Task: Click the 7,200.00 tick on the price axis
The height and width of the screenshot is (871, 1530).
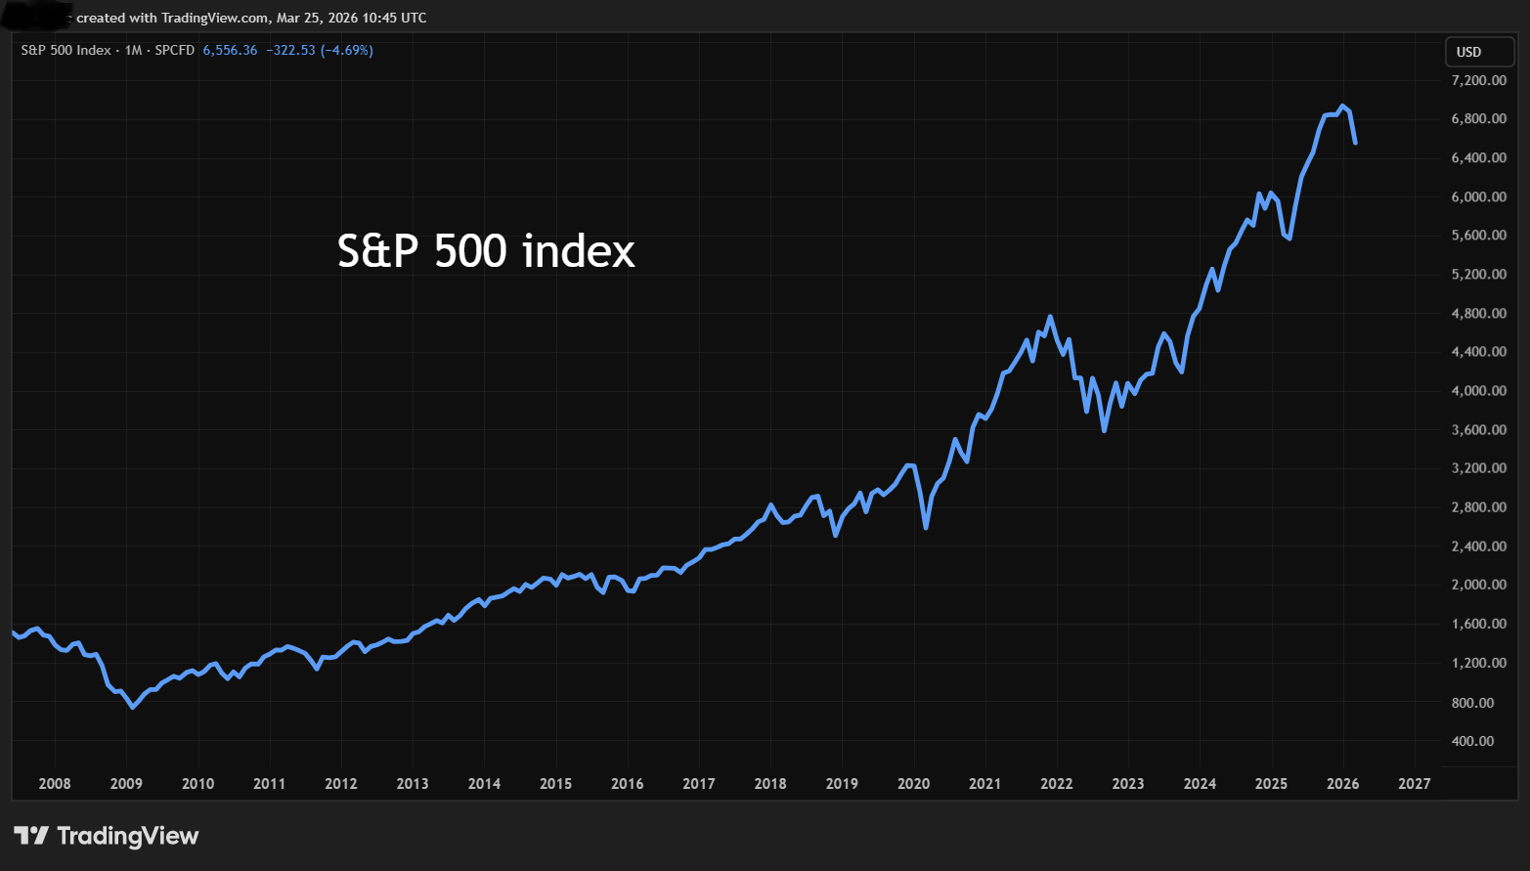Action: coord(1478,80)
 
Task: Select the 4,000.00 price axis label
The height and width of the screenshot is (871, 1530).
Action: coord(1478,391)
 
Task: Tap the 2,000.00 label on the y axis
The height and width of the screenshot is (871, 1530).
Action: coord(1478,585)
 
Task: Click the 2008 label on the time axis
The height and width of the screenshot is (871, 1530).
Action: coord(55,783)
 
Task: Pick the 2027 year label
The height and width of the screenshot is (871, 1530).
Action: coord(1414,783)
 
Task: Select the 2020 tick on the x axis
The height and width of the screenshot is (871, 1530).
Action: coord(913,783)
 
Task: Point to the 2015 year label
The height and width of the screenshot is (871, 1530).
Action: coord(555,783)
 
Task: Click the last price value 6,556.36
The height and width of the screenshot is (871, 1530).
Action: coord(230,50)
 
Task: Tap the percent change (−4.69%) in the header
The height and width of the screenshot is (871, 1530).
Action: coord(347,50)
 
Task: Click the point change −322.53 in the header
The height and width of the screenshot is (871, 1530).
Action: coord(290,50)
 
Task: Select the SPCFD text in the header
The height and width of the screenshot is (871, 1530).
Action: coord(175,50)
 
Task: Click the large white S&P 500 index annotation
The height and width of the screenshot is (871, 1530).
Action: coord(486,251)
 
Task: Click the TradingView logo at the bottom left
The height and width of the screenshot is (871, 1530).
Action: coord(106,836)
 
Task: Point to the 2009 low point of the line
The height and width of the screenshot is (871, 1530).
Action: coord(133,707)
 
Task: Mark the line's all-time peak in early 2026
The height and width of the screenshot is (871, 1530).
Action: coord(1342,106)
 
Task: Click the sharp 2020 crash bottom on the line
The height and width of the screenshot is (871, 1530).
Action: coord(926,528)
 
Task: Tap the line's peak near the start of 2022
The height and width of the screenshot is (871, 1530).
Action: coord(1050,317)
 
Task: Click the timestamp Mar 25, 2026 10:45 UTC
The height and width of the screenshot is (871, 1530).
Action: coord(351,18)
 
